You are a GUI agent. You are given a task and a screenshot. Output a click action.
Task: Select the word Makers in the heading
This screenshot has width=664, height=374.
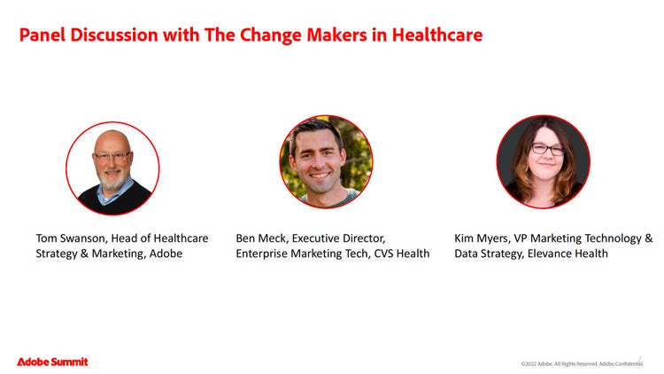(336, 35)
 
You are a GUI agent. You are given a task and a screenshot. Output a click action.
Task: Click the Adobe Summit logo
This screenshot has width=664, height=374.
(52, 362)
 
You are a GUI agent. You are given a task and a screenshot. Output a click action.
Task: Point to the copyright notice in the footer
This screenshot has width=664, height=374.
(582, 364)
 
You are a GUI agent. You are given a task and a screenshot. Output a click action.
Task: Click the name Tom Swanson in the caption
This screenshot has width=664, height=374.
(70, 238)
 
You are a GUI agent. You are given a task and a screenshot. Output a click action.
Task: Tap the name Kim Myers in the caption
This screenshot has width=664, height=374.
(482, 238)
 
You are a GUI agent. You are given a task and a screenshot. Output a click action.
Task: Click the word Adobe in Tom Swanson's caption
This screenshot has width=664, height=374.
(166, 253)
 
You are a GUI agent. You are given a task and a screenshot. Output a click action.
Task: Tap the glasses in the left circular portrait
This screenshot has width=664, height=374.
(112, 156)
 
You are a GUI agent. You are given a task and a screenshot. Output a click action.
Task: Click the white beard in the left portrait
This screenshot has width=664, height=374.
(112, 179)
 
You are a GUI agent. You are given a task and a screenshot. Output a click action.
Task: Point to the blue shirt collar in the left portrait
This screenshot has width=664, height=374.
(111, 195)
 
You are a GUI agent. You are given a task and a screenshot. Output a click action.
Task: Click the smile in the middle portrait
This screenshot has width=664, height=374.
(320, 175)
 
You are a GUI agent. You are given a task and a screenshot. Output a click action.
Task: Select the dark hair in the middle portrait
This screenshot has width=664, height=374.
(315, 129)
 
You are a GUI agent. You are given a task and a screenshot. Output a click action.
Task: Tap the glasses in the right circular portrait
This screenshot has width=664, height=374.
(548, 149)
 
